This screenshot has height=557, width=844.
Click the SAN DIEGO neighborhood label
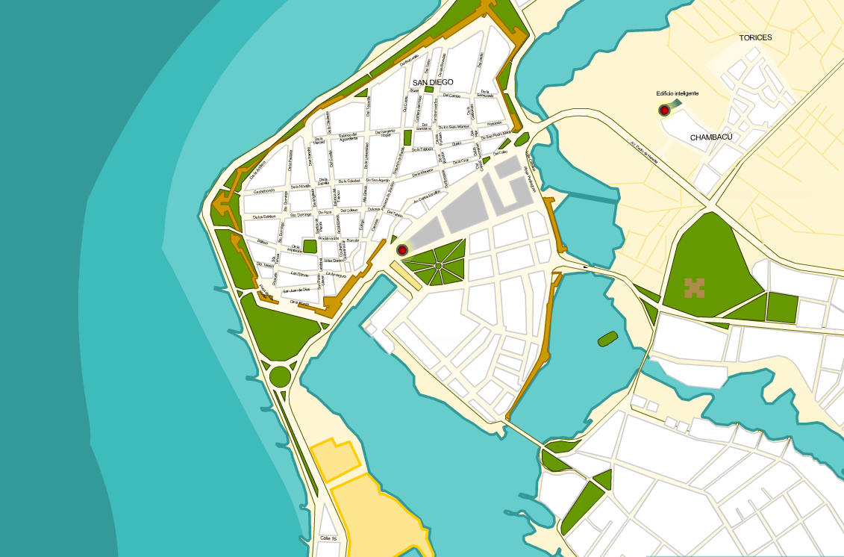pyautogui.click(x=433, y=82)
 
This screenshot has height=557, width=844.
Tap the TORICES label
pyautogui.click(x=755, y=37)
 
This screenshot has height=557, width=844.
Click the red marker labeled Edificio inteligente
pyautogui.click(x=664, y=111)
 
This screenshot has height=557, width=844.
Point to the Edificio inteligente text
pyautogui.click(x=677, y=93)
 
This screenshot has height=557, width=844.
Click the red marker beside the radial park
pyautogui.click(x=402, y=249)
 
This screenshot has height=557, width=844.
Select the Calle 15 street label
pyautogui.click(x=329, y=538)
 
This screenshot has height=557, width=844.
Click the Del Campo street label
pyautogui.click(x=451, y=96)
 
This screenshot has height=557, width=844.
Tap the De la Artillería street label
pyautogui.click(x=259, y=171)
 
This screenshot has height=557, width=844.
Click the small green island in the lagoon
pyautogui.click(x=607, y=339)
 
